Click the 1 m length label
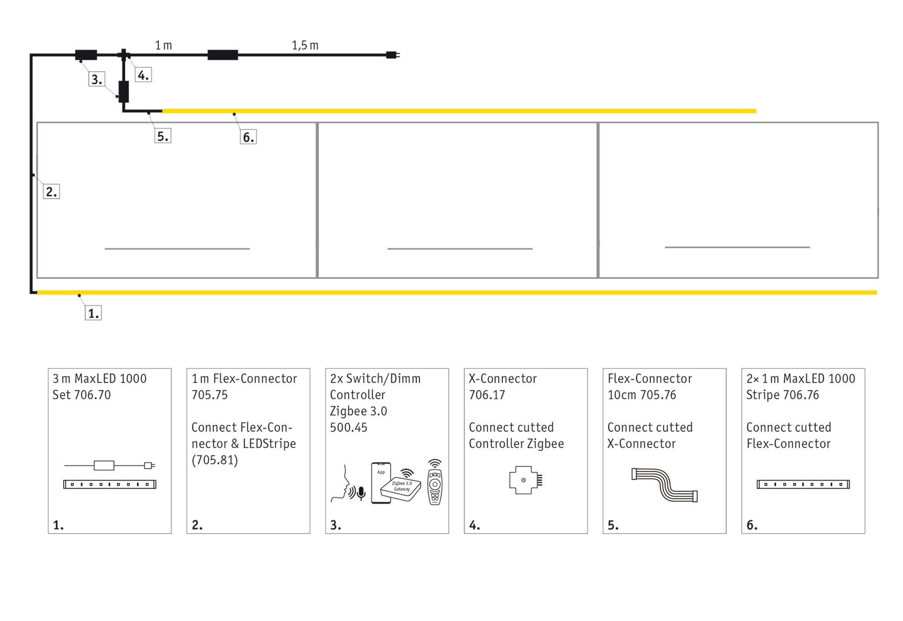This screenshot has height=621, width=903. point(163,45)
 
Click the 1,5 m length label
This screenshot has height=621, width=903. point(305,45)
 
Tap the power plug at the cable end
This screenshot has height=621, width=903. point(392,55)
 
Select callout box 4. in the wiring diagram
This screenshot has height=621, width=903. point(143,75)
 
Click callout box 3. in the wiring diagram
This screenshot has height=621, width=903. point(97,79)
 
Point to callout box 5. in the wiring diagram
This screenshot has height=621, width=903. point(163,136)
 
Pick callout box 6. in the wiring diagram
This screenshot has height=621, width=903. point(248,137)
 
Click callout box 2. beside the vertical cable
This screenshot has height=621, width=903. point(51,192)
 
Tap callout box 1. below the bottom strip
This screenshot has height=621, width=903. point(93,313)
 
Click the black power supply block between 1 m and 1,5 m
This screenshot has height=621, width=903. point(223,55)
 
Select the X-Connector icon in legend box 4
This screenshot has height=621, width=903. point(525,480)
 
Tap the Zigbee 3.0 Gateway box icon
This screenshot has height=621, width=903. point(400,488)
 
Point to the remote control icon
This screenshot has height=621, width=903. point(435,483)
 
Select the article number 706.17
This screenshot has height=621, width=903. point(487,395)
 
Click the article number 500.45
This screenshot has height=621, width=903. point(348,427)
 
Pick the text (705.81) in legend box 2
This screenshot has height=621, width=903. point(214,460)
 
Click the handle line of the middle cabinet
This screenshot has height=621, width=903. point(460,249)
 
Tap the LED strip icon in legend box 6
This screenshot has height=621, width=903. point(803,484)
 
